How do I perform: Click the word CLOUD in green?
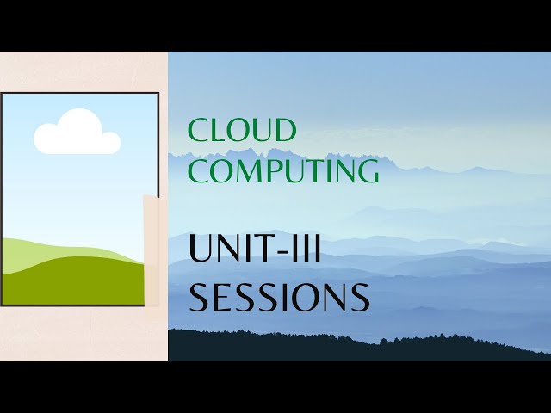242,131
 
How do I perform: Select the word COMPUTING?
283,170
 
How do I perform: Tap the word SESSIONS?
279,297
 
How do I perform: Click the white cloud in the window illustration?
77,134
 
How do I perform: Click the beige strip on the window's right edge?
152,250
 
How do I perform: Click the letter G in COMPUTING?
368,170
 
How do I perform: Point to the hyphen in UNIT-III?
282,251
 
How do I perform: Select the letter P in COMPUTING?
275,170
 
